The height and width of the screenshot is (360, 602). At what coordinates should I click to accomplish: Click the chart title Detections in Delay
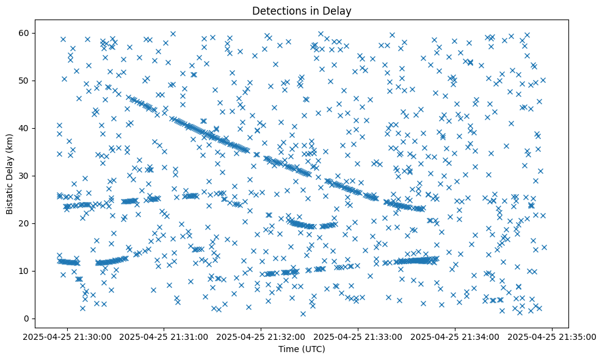click(302, 10)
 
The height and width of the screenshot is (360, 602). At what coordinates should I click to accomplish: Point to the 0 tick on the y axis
click(26, 319)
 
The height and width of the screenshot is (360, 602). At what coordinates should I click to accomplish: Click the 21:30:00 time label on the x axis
click(67, 336)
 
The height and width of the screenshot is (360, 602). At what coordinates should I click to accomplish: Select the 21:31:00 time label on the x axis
click(164, 336)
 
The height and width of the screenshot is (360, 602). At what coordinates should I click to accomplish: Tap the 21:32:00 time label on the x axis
click(261, 336)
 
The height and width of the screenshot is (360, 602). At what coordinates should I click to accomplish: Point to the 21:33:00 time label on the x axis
click(358, 336)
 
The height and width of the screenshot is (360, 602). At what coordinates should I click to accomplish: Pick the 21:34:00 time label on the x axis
click(455, 336)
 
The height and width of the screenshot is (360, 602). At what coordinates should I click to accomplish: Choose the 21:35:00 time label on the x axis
click(553, 336)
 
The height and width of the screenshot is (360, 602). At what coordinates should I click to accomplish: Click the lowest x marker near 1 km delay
click(303, 314)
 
